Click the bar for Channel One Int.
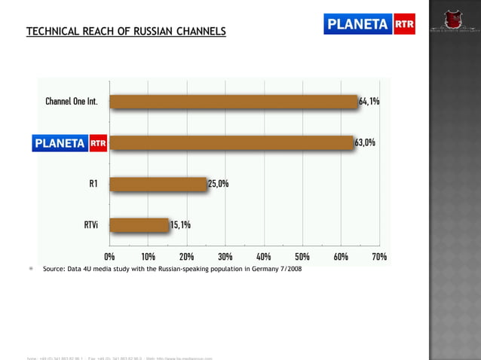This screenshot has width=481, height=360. (x=234, y=102)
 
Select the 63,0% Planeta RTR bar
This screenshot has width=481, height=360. (x=231, y=142)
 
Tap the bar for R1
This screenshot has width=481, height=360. (x=158, y=183)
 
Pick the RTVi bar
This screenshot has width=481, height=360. (x=139, y=224)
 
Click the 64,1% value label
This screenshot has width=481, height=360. (x=369, y=102)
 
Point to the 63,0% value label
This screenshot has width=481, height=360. (x=365, y=142)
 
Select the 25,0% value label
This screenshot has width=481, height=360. (x=218, y=183)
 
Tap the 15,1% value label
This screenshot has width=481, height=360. (x=180, y=224)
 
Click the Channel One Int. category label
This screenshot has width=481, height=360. (x=72, y=102)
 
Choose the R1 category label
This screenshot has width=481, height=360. (x=93, y=183)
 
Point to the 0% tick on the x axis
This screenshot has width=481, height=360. (x=109, y=257)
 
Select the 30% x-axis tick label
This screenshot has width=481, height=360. (x=225, y=257)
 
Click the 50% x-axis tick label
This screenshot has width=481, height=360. (x=302, y=257)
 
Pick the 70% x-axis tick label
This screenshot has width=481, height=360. (x=378, y=257)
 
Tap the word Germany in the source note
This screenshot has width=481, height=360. (x=259, y=268)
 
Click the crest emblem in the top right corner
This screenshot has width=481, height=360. (x=455, y=17)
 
